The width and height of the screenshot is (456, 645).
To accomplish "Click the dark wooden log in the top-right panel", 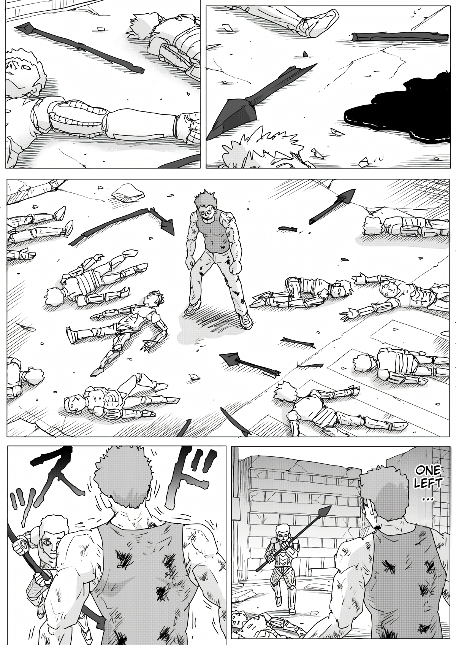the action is click(x=400, y=37).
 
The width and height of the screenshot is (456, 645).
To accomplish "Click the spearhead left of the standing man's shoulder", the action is click(x=167, y=226).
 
